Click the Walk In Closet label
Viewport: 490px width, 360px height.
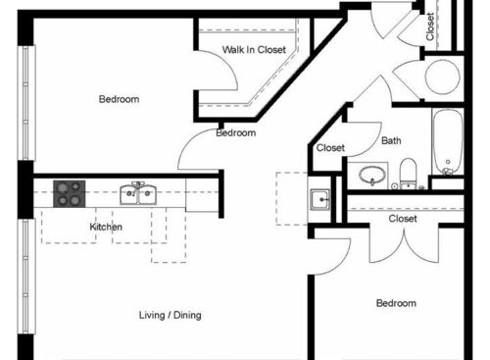pos(253,49)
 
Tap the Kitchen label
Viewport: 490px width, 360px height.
pos(106,228)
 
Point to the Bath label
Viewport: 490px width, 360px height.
pos(391,141)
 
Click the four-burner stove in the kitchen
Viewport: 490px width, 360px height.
pos(69,193)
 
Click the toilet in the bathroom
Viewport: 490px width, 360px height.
pos(410,175)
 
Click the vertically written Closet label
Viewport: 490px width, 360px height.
pos(430,27)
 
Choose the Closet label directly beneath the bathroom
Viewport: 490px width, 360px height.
pos(402,219)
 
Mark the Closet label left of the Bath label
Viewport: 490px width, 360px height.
pos(329,149)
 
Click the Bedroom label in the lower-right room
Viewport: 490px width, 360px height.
pos(396,304)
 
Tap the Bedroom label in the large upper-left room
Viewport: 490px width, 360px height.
pos(119,99)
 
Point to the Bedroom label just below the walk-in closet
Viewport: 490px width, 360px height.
pos(236,132)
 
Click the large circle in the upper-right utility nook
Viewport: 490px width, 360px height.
pos(443,77)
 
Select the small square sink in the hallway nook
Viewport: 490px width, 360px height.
pos(320,200)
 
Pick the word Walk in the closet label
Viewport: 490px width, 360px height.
pos(232,49)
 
